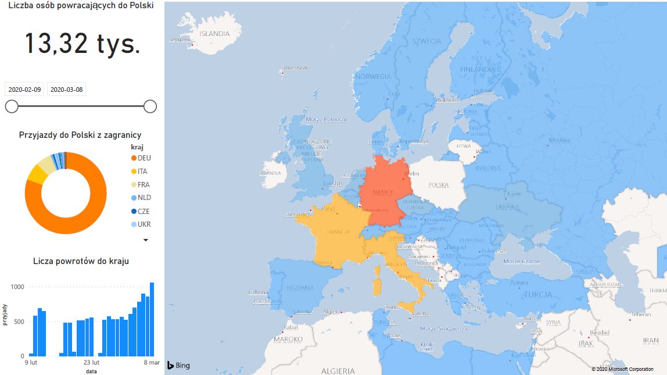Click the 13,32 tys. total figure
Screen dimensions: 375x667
click(82, 44)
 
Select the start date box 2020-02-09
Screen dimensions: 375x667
click(24, 90)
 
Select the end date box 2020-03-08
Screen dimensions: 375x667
click(66, 90)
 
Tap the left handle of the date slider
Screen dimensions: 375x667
click(12, 106)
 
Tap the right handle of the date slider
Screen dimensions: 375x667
click(150, 106)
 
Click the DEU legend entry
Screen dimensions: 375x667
click(144, 158)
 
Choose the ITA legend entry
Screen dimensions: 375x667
click(142, 171)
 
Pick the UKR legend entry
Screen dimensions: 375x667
click(144, 224)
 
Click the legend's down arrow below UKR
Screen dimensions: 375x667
click(146, 240)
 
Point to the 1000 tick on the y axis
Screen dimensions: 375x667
click(17, 287)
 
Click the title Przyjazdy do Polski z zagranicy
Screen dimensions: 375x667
click(80, 135)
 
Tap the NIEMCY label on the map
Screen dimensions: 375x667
click(382, 192)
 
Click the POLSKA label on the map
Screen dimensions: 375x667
click(439, 185)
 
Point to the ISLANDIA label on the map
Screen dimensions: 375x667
click(214, 34)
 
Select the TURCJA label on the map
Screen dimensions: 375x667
click(539, 295)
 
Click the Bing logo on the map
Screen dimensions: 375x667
click(178, 366)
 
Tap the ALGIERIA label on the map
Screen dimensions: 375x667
click(338, 371)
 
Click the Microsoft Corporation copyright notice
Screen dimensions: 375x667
click(622, 369)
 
